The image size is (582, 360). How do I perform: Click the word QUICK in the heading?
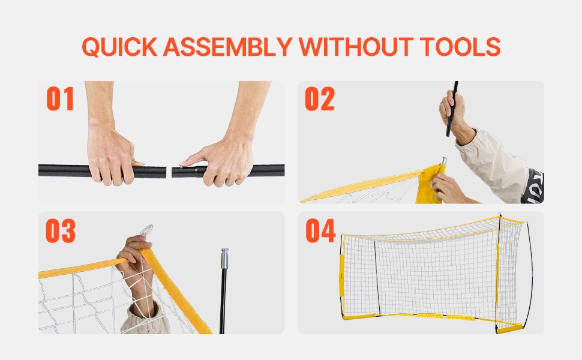click(119, 47)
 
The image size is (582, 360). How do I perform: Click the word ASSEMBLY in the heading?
click(227, 46)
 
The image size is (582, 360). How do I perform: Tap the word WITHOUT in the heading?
click(356, 46)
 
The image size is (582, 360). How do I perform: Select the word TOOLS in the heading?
click(460, 46)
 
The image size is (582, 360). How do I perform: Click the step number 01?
click(60, 99)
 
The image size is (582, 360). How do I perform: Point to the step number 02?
click(320, 99)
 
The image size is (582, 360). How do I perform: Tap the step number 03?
click(61, 230)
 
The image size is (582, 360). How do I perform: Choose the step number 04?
click(320, 230)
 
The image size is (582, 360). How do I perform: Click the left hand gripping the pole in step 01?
click(111, 156)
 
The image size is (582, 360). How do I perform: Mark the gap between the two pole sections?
click(169, 172)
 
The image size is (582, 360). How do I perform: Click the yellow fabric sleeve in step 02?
click(430, 184)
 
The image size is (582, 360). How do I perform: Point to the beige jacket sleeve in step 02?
click(494, 163)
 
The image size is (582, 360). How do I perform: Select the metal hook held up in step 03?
click(146, 230)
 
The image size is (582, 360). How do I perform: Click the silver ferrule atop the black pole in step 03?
click(224, 259)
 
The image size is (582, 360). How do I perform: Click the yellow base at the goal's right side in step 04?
click(509, 328)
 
